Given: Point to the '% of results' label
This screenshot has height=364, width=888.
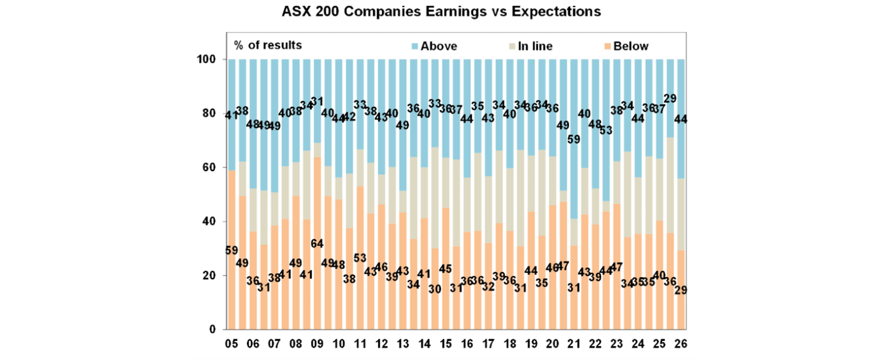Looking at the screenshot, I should pos(268,45).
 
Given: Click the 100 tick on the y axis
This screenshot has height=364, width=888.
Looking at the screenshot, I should pos(209,60).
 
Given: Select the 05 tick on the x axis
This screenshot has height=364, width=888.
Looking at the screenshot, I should pos(231,343).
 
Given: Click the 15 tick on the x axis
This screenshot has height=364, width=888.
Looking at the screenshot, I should pos(445,343).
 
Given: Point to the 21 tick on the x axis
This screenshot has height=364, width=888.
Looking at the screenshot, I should pos(573,343).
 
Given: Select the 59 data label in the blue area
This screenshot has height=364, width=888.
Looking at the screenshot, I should pos(573,139).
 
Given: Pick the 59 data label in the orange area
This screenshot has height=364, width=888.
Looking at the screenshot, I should pos(231,251).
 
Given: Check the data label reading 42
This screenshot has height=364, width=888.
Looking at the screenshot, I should pos(349,117).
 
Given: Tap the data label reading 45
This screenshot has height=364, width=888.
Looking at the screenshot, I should pos(445,269).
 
